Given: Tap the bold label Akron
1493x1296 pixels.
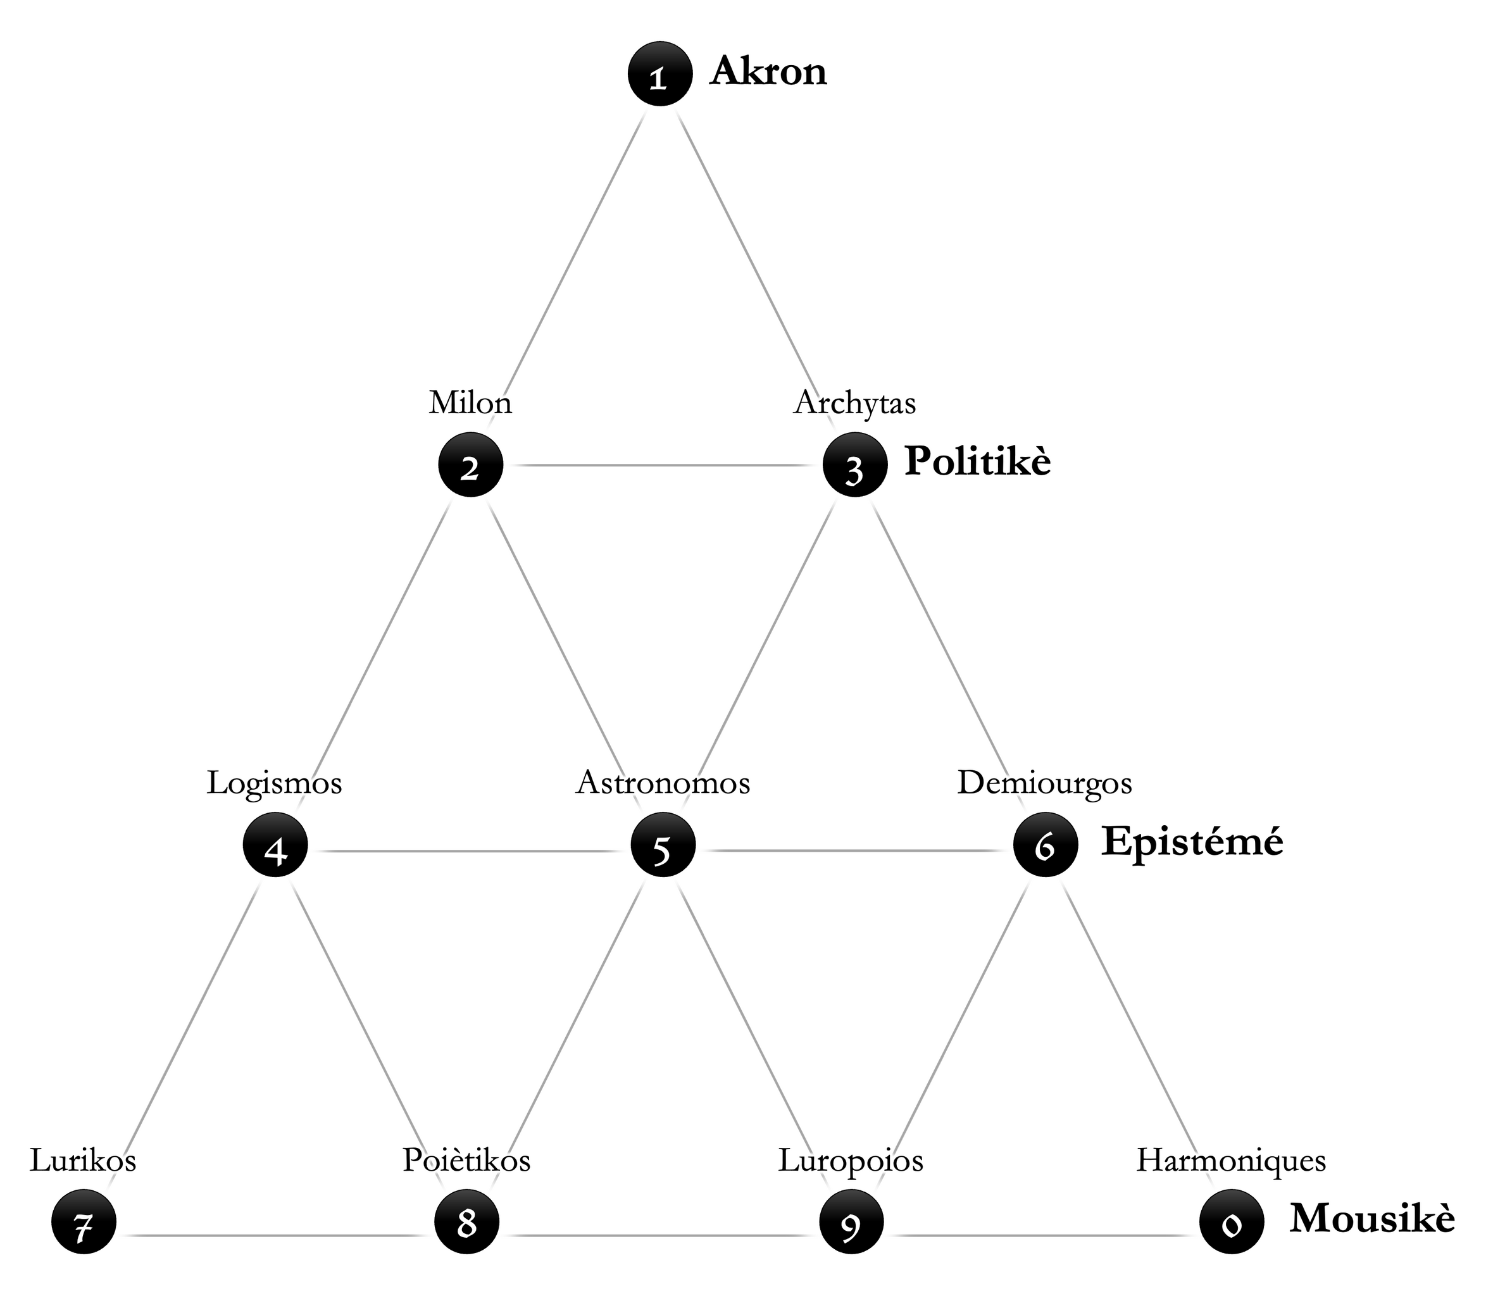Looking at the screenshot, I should tap(768, 72).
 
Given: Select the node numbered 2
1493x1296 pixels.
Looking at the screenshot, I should tap(470, 465).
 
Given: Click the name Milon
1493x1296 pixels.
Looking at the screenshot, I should tap(471, 403).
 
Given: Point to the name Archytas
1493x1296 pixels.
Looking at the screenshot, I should tap(855, 403).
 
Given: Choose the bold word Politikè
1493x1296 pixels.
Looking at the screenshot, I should tap(977, 461).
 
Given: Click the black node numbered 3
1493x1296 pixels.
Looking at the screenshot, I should tap(855, 466).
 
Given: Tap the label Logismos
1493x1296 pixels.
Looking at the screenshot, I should tap(275, 783).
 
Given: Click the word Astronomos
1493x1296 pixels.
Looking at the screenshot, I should tap(663, 783).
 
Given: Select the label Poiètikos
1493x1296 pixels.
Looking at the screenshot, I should tap(466, 1160).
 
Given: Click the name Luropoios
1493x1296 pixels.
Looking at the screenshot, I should tap(851, 1160).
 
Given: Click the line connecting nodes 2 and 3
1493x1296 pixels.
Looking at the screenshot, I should tap(662, 465).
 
